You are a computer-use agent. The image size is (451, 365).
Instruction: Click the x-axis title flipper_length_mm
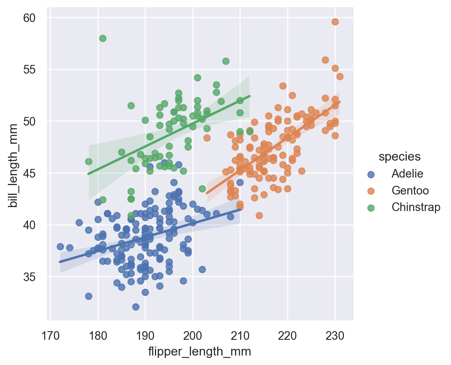point(199,352)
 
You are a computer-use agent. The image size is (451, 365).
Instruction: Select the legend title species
point(399,156)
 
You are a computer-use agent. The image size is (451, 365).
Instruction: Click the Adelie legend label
point(407,173)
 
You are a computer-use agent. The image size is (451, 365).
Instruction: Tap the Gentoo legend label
point(410,190)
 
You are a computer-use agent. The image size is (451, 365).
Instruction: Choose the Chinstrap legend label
point(416,207)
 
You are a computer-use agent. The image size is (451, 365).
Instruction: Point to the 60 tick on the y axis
point(32,18)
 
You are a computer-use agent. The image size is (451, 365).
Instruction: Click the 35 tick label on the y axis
point(32,277)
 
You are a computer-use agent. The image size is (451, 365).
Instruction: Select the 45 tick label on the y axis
point(32,173)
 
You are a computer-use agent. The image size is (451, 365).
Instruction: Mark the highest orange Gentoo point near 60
point(335,22)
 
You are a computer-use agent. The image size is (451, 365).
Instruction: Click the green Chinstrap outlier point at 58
point(103,38)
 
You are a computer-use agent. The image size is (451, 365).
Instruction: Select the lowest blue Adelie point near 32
point(136,307)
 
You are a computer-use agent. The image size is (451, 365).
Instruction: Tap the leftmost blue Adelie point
point(60,246)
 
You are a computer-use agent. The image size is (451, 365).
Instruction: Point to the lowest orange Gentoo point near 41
point(259,215)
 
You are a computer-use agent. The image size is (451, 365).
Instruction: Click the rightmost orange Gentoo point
point(340,76)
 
